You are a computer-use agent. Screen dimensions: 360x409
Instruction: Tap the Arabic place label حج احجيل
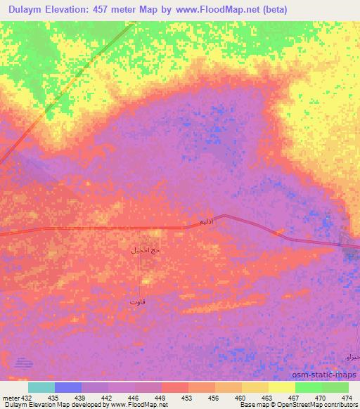[x=146, y=249]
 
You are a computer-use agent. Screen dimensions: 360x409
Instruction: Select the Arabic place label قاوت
[x=138, y=301]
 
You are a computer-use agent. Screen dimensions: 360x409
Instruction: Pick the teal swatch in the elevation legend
[x=41, y=387]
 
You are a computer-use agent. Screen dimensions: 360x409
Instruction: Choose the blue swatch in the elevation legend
[x=68, y=387]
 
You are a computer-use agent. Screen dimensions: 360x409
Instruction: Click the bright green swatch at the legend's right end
[x=335, y=387]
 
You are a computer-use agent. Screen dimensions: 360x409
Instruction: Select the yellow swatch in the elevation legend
[x=281, y=387]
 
